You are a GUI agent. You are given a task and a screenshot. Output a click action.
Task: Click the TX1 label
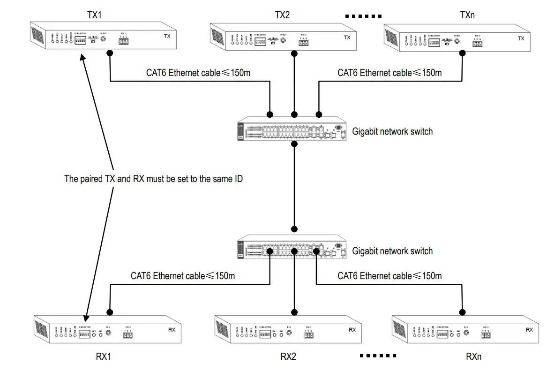pyautogui.click(x=94, y=15)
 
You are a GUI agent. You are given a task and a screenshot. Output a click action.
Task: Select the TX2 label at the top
pyautogui.click(x=282, y=15)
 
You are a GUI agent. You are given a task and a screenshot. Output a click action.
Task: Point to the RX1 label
pyautogui.click(x=103, y=356)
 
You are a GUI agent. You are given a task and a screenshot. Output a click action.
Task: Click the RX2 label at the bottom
pyautogui.click(x=288, y=356)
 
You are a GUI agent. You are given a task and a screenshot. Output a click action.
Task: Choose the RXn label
pyautogui.click(x=473, y=356)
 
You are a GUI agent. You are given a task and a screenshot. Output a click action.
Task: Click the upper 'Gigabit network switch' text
pyautogui.click(x=392, y=132)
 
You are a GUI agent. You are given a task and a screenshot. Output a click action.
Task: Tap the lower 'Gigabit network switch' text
pyautogui.click(x=392, y=251)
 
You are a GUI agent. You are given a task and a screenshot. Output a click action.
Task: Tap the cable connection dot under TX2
pyautogui.click(x=294, y=54)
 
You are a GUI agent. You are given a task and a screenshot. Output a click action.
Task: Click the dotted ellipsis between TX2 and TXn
pyautogui.click(x=363, y=16)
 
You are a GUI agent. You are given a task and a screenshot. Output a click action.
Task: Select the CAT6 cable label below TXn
pyautogui.click(x=389, y=73)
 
